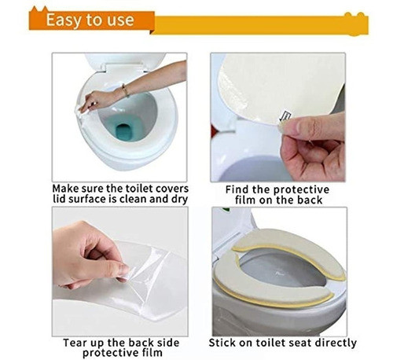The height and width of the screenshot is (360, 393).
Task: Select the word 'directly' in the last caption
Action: click(x=333, y=343)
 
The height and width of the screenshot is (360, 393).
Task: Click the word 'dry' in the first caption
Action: click(x=177, y=200)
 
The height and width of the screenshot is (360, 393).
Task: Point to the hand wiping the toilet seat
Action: click(x=98, y=100)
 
